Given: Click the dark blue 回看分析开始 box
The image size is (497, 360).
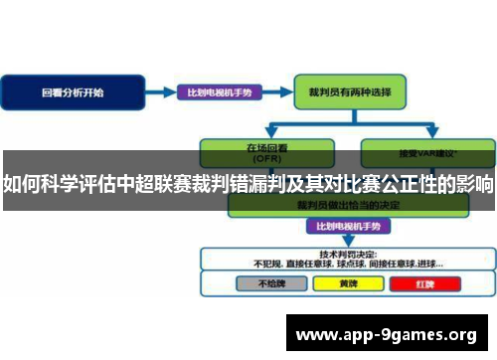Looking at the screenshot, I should click(73, 92).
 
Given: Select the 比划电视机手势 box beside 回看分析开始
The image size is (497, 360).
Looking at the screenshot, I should click(220, 92).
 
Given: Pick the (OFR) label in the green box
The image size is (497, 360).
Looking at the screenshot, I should click(264, 157).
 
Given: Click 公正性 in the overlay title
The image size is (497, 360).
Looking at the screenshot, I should click(410, 185).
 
